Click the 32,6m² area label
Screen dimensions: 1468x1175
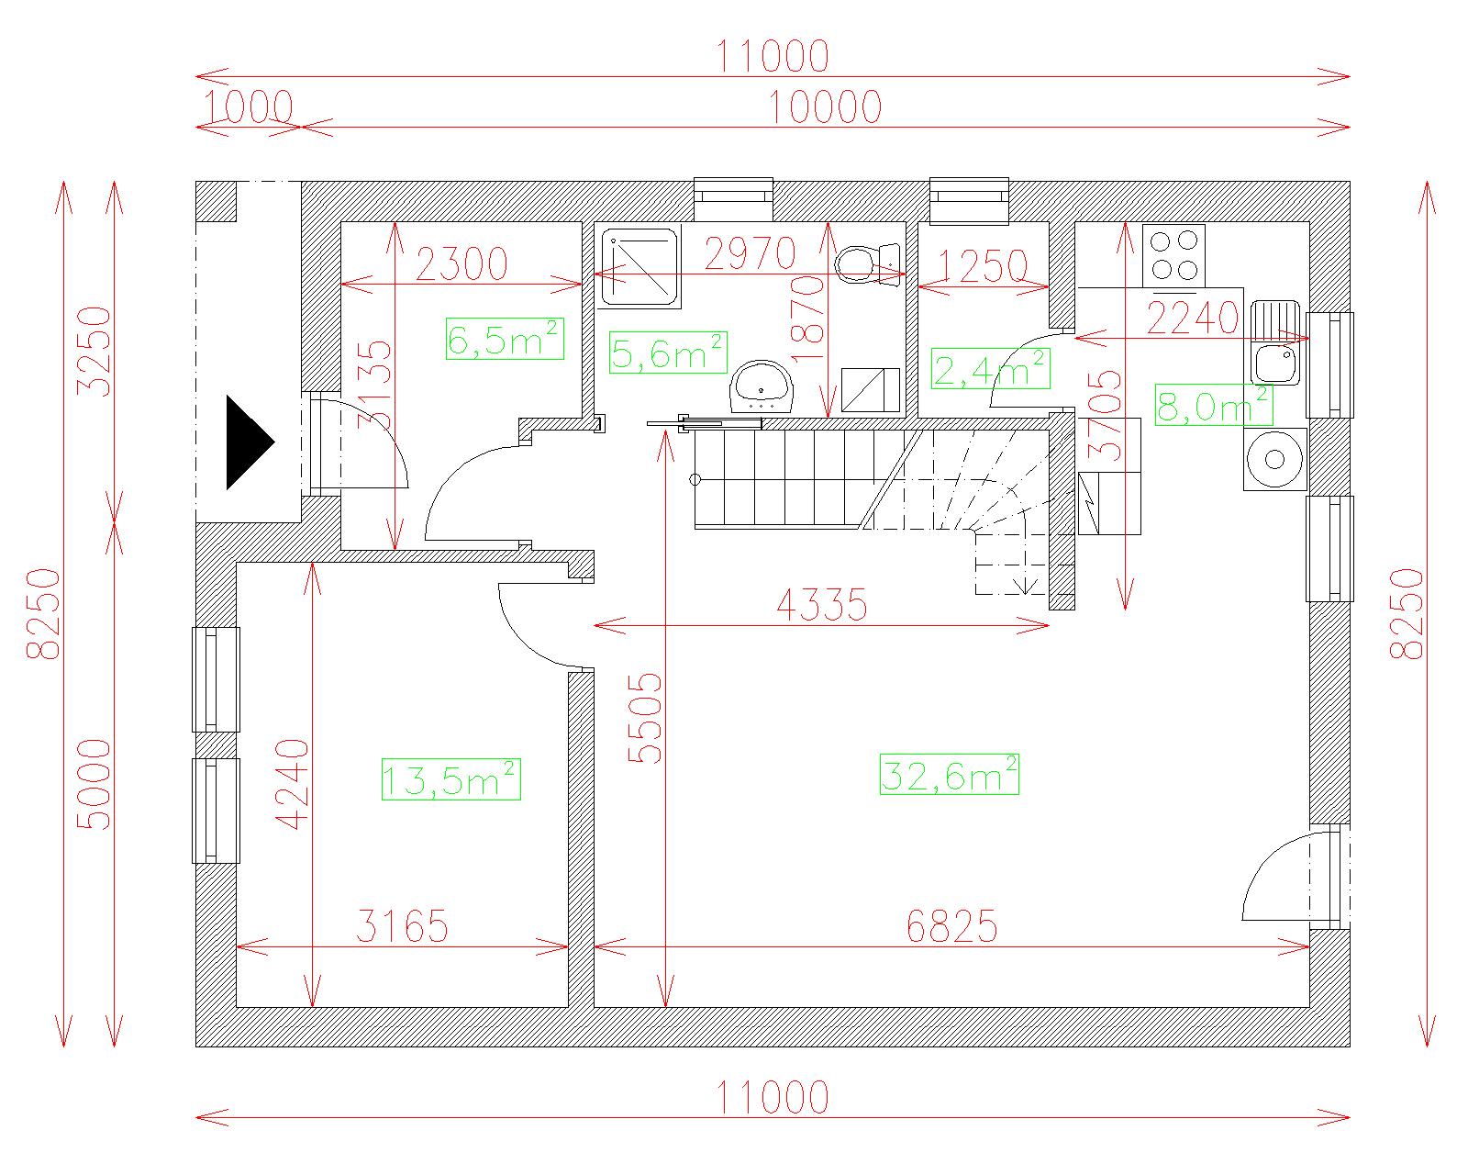(949, 774)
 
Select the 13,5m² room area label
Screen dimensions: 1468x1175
(450, 779)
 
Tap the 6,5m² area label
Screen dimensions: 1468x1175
(505, 338)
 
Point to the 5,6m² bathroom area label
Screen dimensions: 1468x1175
(668, 352)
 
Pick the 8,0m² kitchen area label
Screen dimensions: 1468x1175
(1214, 405)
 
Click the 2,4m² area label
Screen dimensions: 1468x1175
(991, 369)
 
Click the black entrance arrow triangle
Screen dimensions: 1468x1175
(250, 442)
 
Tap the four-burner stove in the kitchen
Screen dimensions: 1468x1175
(1174, 256)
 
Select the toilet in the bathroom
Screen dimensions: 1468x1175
(867, 264)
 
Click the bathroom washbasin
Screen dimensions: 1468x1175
(762, 387)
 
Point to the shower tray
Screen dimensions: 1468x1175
(639, 267)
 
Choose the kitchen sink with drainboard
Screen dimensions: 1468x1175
(1275, 342)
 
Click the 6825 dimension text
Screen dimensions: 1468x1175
(952, 926)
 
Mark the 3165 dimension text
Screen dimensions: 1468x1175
(403, 926)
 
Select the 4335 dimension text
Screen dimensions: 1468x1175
(822, 605)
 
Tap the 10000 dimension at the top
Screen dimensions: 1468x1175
(826, 107)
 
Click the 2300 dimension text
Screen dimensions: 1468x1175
(462, 264)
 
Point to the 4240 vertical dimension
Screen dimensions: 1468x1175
(293, 784)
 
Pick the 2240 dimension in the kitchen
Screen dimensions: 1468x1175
(1193, 318)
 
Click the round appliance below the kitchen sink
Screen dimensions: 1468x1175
(1274, 460)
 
